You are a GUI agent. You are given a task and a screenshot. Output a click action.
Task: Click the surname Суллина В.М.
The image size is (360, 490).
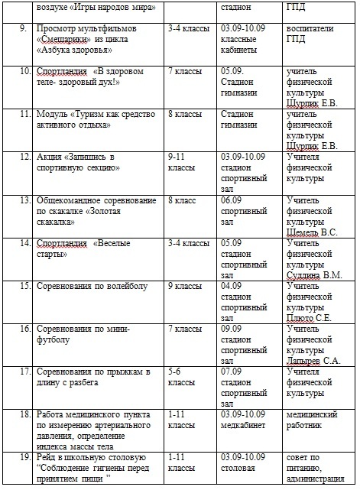313,274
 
